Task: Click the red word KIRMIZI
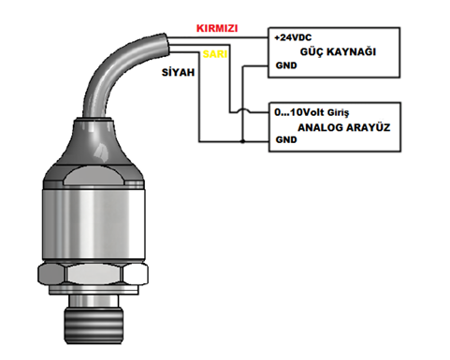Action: (x=217, y=28)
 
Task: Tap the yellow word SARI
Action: (x=215, y=54)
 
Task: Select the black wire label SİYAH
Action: (x=178, y=72)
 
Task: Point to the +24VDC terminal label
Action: (x=293, y=37)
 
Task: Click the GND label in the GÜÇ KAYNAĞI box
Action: (x=286, y=65)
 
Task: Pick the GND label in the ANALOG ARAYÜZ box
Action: (x=286, y=139)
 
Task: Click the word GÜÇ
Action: (x=312, y=51)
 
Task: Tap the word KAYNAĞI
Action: (x=352, y=51)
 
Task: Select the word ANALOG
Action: (x=320, y=127)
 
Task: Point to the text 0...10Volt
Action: (x=299, y=112)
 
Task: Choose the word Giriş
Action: (x=338, y=113)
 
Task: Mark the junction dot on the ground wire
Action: (x=242, y=141)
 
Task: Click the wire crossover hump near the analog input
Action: (x=242, y=110)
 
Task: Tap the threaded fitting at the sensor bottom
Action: (x=94, y=325)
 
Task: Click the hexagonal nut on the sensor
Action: (x=93, y=274)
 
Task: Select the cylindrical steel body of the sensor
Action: (x=94, y=223)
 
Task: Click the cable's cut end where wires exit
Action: (x=166, y=45)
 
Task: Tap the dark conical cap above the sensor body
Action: (x=94, y=142)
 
